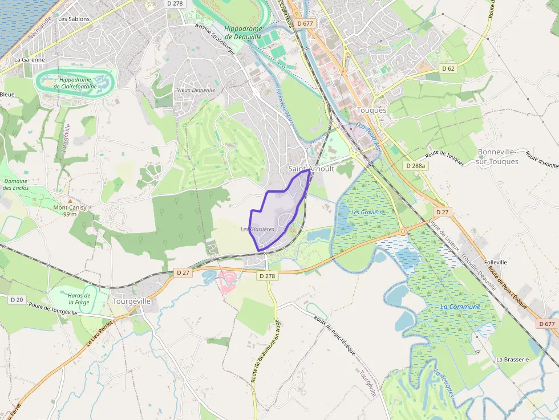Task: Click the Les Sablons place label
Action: coord(74,19)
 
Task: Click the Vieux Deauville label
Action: coord(196,90)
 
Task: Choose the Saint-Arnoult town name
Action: coord(311,169)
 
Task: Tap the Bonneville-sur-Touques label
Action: coord(498,157)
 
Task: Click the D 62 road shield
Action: coord(448,68)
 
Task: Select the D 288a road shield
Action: coord(416,165)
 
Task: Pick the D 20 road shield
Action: coord(17,300)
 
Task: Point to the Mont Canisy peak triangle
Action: coord(70,201)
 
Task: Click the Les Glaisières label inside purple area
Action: coord(257,229)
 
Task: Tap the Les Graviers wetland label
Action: coord(366,212)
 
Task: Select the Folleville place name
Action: coord(496,262)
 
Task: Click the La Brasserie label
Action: coord(512,360)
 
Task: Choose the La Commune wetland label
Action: coord(460,307)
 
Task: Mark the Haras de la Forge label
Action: coord(79,299)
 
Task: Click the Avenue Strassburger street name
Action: coord(219,35)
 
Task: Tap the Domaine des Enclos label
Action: coord(15,184)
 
